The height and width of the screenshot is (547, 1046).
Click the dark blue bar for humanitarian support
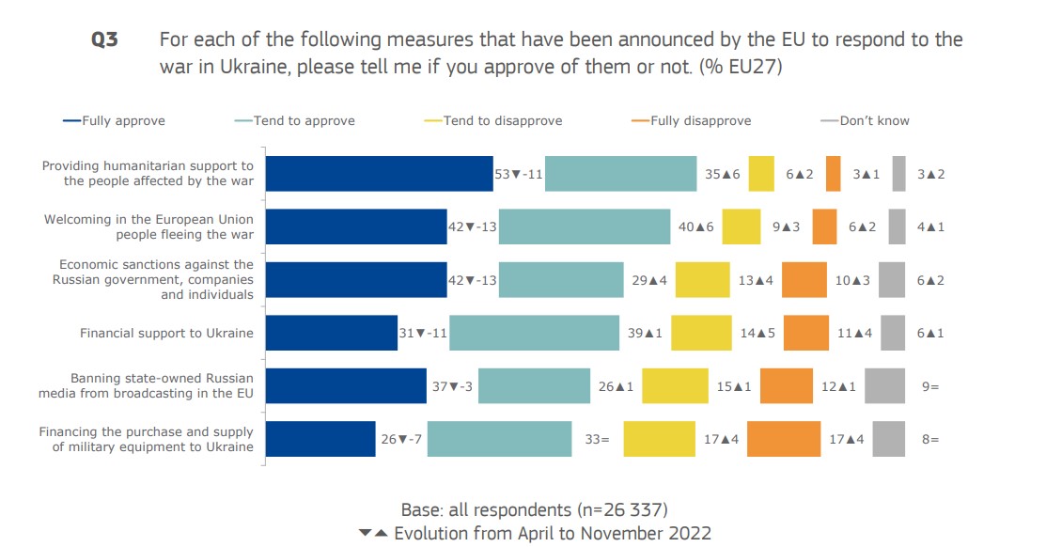pyautogui.click(x=380, y=174)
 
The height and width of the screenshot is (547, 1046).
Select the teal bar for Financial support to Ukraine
pyautogui.click(x=534, y=333)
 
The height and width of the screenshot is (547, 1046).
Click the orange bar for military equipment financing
pyautogui.click(x=784, y=439)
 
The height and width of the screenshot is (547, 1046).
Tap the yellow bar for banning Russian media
pyautogui.click(x=675, y=386)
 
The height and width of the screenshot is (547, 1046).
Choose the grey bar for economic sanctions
pyautogui.click(x=892, y=280)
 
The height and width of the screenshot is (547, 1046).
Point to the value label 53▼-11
pyautogui.click(x=519, y=174)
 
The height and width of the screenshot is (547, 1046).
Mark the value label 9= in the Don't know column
pyautogui.click(x=929, y=386)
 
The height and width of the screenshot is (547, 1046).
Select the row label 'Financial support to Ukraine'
pyautogui.click(x=166, y=333)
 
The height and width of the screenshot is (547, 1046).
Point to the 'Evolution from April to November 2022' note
pyautogui.click(x=552, y=533)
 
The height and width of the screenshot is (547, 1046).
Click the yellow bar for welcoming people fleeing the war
pyautogui.click(x=741, y=227)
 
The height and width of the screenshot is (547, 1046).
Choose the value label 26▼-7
pyautogui.click(x=401, y=439)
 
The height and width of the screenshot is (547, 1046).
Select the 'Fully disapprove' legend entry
pyautogui.click(x=701, y=120)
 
